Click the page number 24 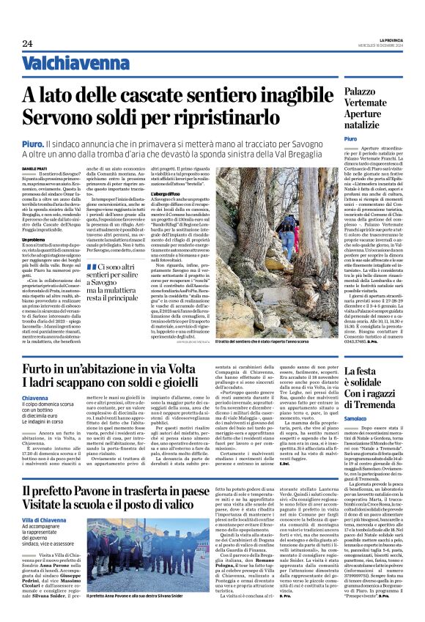click(x=27, y=44)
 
